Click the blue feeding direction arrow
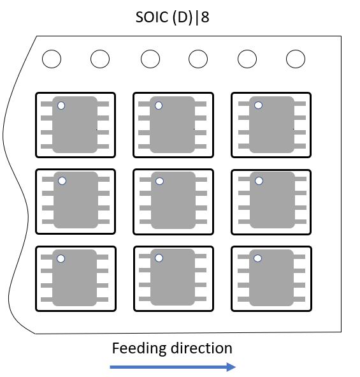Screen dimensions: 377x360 (x=173, y=367)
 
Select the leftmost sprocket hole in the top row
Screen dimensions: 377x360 (x=52, y=59)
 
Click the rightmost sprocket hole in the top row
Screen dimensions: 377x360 (x=296, y=59)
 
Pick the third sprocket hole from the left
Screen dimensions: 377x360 (x=150, y=59)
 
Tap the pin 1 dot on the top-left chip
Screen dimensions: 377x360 (x=61, y=105)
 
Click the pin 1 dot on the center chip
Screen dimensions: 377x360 (x=159, y=181)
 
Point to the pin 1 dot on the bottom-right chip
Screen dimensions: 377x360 (x=258, y=258)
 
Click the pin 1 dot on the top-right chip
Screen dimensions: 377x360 (x=257, y=105)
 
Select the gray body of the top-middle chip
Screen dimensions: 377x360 (x=172, y=126)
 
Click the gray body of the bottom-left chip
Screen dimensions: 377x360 (x=75, y=279)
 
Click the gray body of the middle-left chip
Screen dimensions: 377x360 (x=75, y=201)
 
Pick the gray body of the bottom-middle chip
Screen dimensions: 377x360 (x=172, y=279)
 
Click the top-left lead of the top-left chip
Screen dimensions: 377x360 (x=46, y=103)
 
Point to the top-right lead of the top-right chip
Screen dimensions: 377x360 (x=301, y=103)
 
